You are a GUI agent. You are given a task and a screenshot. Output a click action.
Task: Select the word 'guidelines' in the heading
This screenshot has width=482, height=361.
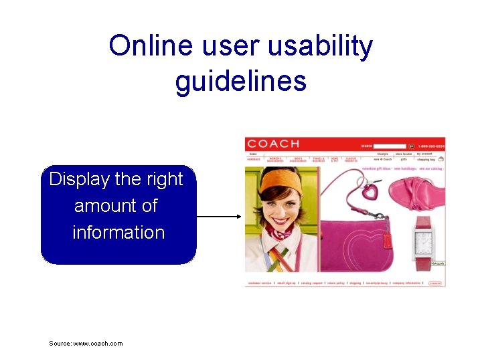[241, 81]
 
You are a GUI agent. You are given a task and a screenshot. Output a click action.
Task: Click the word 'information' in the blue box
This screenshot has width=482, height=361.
[118, 232]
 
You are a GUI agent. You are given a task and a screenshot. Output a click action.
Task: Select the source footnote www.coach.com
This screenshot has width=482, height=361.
[86, 344]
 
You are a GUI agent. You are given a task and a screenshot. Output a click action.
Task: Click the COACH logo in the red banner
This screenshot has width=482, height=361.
[273, 144]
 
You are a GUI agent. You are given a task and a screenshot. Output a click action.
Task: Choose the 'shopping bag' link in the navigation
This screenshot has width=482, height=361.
[426, 160]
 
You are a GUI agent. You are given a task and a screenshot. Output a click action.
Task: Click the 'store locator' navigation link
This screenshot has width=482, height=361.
[404, 154]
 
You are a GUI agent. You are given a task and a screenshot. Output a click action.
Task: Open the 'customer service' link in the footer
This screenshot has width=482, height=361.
[260, 283]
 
